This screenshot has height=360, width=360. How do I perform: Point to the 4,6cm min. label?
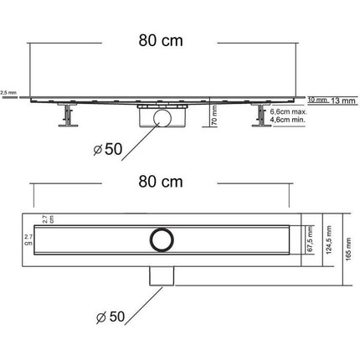click(x=286, y=120)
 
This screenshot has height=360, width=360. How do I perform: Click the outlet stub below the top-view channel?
click(x=159, y=275)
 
